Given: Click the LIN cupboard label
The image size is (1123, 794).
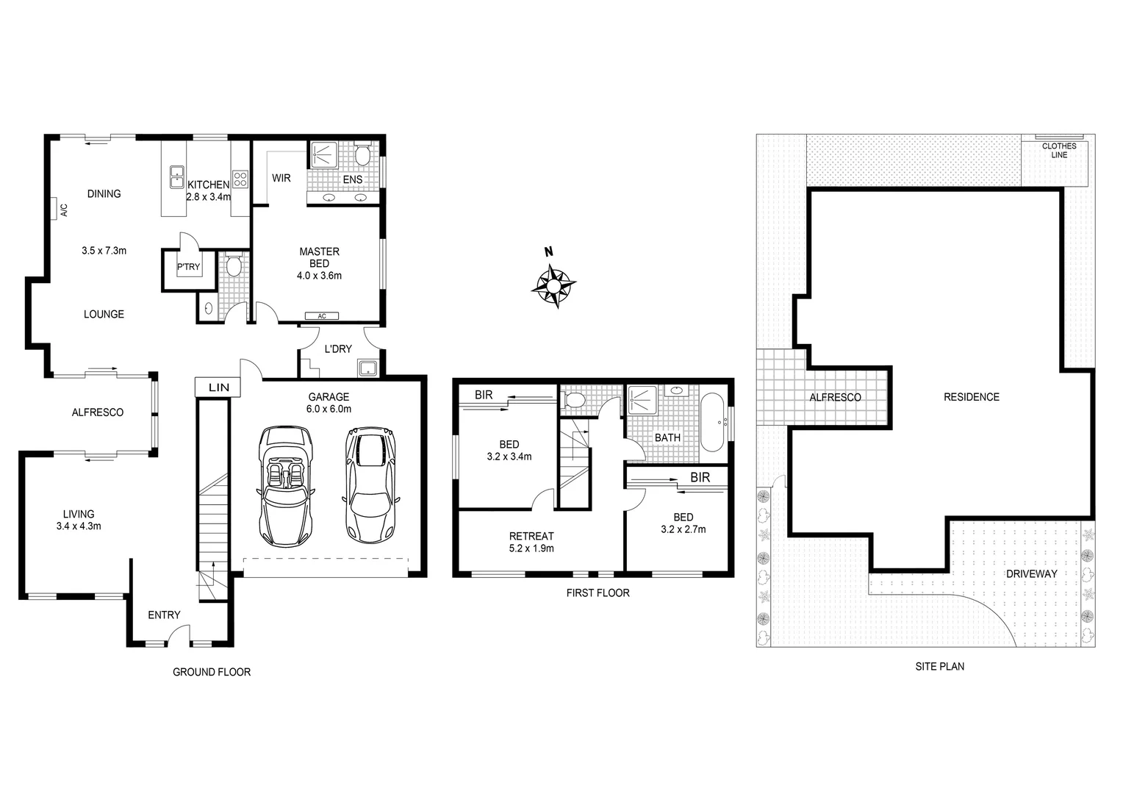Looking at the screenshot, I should (218, 387).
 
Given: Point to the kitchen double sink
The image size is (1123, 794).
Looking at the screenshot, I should (176, 177).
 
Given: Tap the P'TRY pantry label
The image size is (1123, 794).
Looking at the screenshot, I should (188, 267).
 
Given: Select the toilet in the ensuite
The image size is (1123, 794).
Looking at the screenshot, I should (362, 155).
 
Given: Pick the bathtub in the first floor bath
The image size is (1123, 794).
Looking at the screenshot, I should (711, 423).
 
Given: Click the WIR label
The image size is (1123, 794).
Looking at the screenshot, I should (281, 178).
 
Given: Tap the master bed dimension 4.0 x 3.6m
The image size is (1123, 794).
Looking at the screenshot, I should (319, 276).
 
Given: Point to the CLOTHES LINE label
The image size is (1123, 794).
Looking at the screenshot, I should (1058, 151).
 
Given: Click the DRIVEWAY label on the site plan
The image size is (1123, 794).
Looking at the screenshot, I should (1031, 573).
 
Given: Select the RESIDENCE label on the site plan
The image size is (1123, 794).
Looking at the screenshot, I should (971, 397).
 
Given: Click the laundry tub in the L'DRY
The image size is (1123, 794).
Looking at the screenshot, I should (366, 368).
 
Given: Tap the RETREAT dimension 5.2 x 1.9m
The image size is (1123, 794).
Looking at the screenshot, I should (531, 548).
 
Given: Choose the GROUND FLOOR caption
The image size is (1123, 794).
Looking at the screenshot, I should (211, 672).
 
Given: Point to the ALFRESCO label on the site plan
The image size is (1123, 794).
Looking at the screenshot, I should (835, 398).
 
